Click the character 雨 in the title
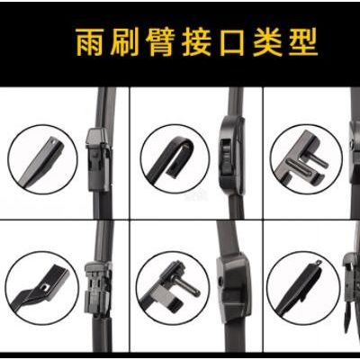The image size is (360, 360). click(x=90, y=41)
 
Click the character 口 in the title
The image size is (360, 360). click(x=232, y=42)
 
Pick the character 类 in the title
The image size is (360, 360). click(x=268, y=41)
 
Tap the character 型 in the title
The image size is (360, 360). click(x=303, y=41)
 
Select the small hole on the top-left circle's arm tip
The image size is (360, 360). click(x=53, y=140)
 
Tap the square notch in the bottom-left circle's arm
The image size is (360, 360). click(x=46, y=288)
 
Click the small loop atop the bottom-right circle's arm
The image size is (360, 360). click(x=318, y=263)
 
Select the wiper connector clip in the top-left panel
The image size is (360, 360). click(x=98, y=159)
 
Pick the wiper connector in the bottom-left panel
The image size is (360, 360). click(x=98, y=289)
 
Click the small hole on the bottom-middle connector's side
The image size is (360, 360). click(x=221, y=282)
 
